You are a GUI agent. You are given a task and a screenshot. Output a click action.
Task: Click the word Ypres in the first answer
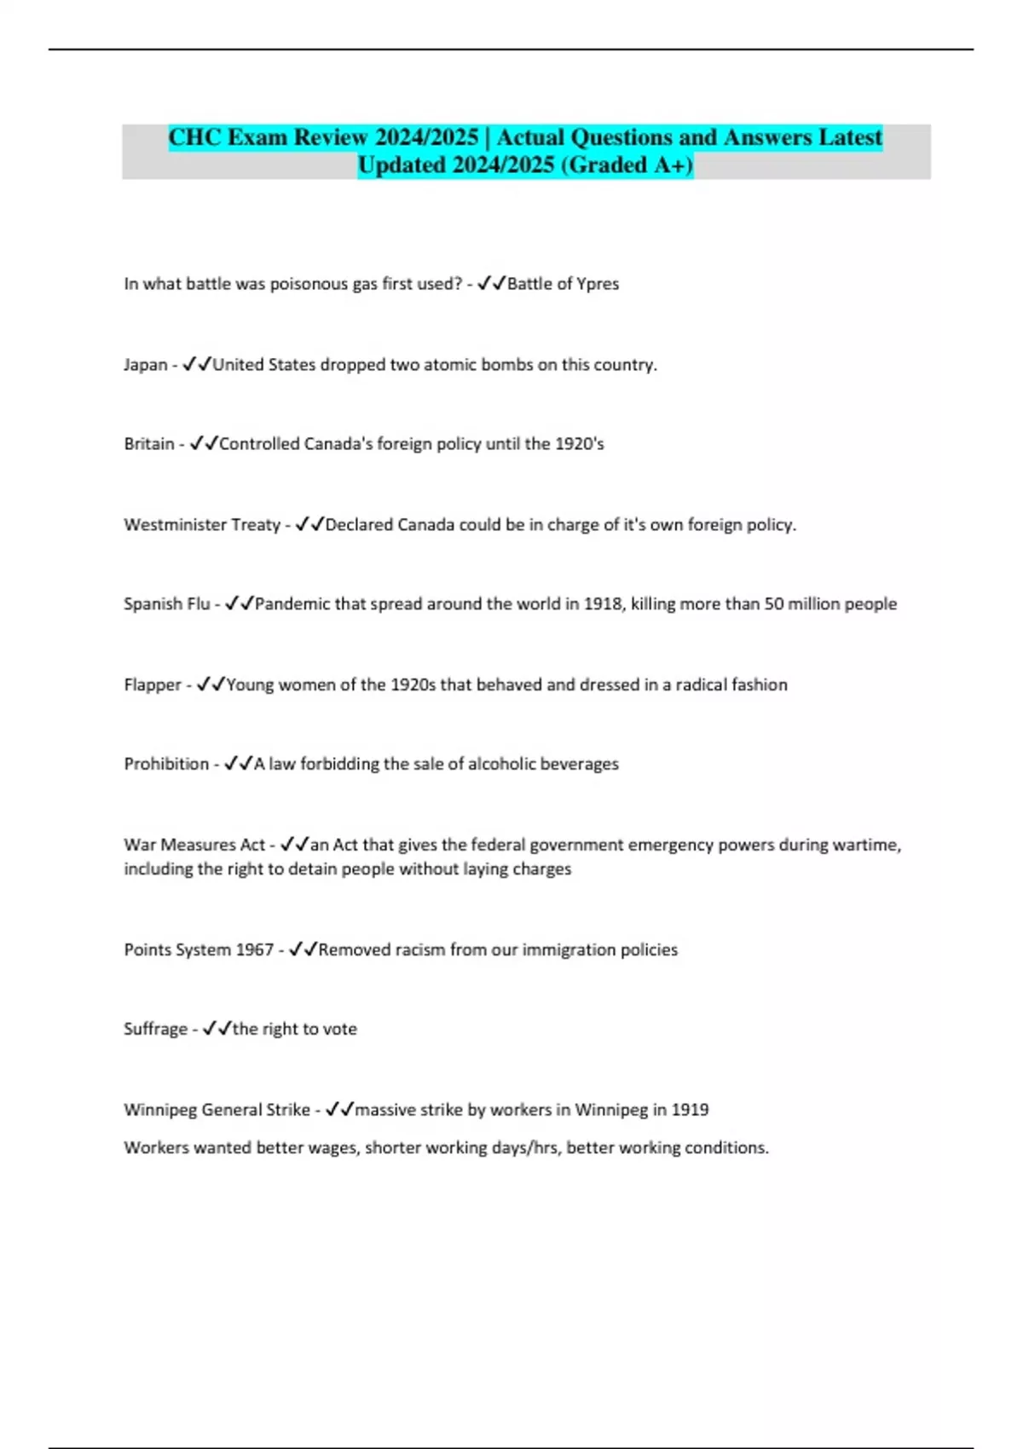point(598,284)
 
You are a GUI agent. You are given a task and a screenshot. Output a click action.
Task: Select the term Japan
point(146,365)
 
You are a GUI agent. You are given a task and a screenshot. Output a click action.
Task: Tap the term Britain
point(149,444)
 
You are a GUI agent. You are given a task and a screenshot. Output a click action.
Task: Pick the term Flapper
point(153,685)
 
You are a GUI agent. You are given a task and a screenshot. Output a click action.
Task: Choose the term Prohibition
point(166,765)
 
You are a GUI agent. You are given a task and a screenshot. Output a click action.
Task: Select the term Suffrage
point(155,1030)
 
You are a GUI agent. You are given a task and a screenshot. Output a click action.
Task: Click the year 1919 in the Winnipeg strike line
point(690,1110)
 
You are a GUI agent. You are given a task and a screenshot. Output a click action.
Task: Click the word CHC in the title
point(195,137)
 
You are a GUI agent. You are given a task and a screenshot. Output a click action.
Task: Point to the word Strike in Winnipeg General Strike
point(288,1110)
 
